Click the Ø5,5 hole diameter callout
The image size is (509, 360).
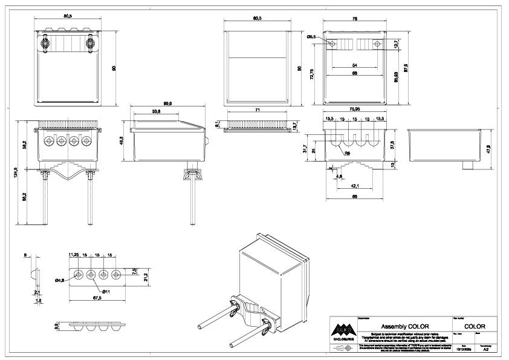pos(311,38)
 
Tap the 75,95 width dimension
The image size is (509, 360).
pos(355,110)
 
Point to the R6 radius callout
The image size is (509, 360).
pos(348,154)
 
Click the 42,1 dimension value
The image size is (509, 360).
pos(355,186)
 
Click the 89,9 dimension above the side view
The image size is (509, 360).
pos(167,104)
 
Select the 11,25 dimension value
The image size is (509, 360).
pos(74,255)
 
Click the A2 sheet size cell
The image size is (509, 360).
pos(485,349)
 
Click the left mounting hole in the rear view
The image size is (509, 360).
pos(332,44)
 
